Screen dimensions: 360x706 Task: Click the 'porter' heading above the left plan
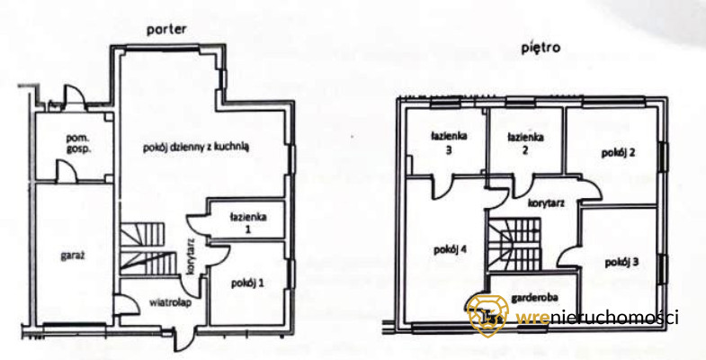tap(167, 30)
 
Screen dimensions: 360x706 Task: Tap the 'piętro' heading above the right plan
tap(540, 48)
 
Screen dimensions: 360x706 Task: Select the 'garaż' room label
tap(74, 257)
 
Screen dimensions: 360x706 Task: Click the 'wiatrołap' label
tap(158, 302)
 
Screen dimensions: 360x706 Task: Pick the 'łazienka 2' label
tap(523, 144)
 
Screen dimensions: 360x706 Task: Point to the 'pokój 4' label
tap(449, 249)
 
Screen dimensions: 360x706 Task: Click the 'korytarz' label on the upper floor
tap(546, 204)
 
